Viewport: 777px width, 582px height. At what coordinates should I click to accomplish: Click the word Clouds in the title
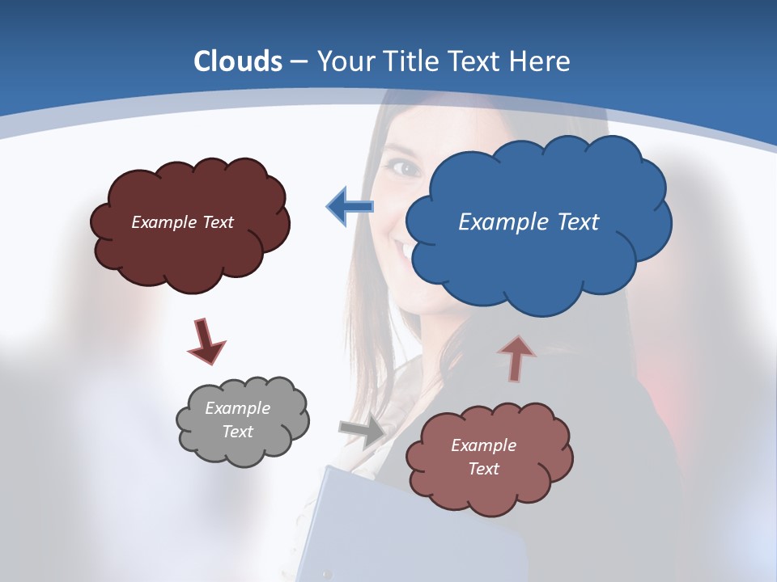click(238, 61)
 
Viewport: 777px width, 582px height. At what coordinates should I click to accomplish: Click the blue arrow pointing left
click(350, 207)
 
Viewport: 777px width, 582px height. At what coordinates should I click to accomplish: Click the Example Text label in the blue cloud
click(529, 222)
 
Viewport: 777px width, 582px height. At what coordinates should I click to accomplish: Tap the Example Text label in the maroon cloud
click(182, 222)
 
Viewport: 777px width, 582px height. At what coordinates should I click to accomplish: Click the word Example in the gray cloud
click(237, 408)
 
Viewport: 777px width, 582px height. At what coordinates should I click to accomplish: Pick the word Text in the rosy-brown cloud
click(483, 469)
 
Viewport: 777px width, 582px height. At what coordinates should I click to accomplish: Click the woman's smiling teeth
click(402, 248)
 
